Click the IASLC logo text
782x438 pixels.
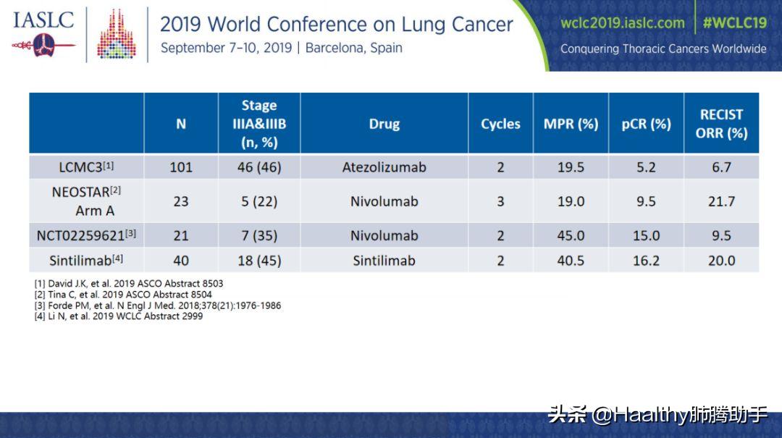click(x=43, y=20)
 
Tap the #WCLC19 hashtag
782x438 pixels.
click(x=734, y=22)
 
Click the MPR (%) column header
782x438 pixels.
click(x=571, y=124)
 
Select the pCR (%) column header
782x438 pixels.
click(x=646, y=124)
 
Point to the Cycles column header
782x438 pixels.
click(x=500, y=124)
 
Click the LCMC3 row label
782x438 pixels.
click(x=86, y=167)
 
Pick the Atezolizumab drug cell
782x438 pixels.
click(x=384, y=167)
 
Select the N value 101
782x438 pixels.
click(x=181, y=167)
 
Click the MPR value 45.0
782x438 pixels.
click(x=571, y=235)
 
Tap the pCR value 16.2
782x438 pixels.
click(x=646, y=261)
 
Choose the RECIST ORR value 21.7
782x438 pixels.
click(x=721, y=201)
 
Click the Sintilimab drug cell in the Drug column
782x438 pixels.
click(x=384, y=261)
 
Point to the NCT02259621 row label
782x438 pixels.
click(x=86, y=235)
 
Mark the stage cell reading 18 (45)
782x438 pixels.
click(x=259, y=261)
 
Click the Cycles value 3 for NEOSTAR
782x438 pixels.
click(x=500, y=201)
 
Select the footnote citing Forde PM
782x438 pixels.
click(x=157, y=306)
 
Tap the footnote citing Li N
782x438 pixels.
click(x=119, y=316)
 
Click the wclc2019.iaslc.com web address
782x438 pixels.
click(x=622, y=22)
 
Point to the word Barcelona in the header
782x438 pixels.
click(x=335, y=49)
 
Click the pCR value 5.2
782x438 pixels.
click(x=646, y=167)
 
